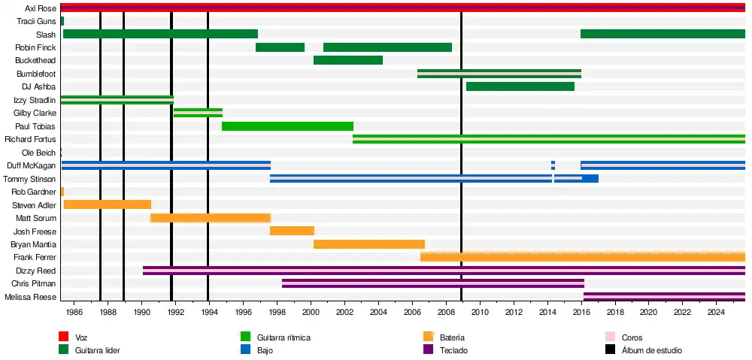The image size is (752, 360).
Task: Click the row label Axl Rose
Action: (x=40, y=8)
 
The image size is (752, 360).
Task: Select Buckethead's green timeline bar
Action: (x=348, y=60)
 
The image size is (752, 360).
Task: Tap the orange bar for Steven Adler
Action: (x=108, y=204)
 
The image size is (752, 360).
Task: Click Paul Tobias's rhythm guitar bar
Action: (x=287, y=126)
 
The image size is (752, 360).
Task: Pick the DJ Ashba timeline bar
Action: (x=520, y=86)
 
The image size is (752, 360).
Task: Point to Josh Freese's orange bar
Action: (x=292, y=231)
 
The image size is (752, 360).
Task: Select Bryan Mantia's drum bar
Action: (x=369, y=244)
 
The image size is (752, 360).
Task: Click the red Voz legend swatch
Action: (x=64, y=337)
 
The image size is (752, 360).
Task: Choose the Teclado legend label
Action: (x=453, y=350)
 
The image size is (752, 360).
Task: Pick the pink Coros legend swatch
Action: (x=611, y=337)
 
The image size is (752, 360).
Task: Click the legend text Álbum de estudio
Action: (x=652, y=350)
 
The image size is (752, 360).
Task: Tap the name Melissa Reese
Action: (x=32, y=297)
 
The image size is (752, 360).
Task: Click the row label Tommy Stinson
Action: (x=29, y=179)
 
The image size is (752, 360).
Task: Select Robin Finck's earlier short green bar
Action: (x=280, y=47)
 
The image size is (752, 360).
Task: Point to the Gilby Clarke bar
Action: (x=198, y=113)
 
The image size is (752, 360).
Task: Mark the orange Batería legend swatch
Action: (x=429, y=337)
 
